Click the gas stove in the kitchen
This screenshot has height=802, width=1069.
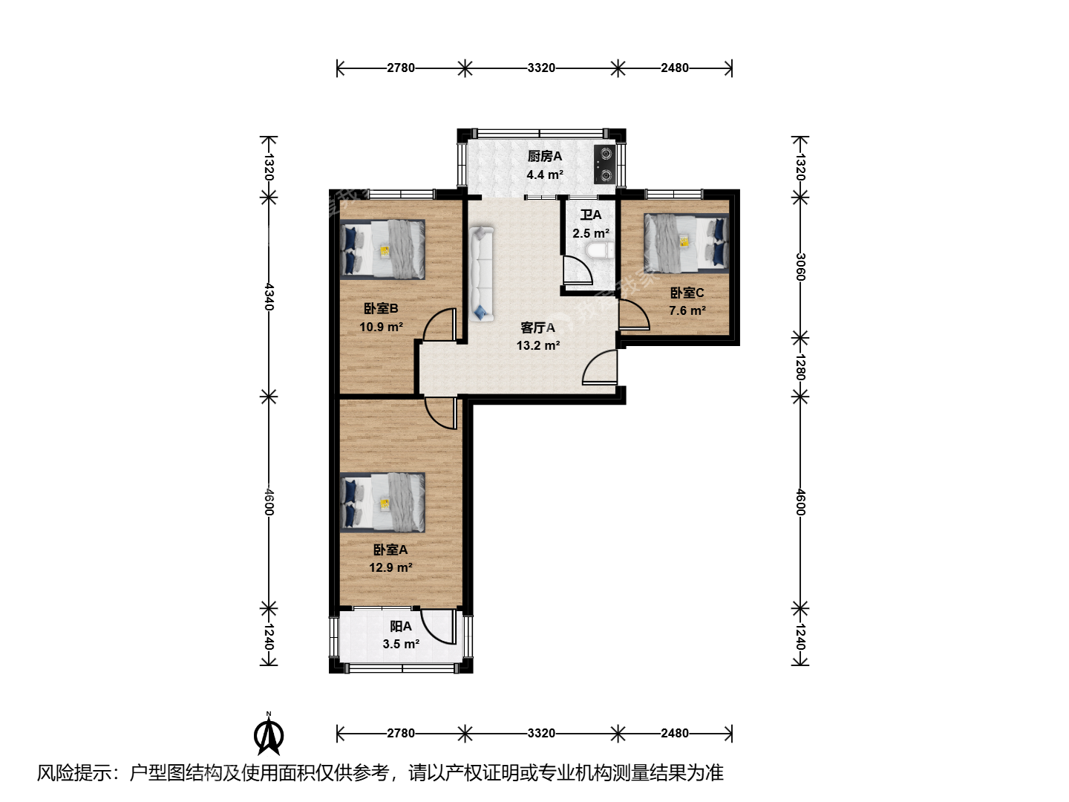605,165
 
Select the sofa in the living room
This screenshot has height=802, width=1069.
481,274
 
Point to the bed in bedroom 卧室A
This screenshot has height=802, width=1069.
382,503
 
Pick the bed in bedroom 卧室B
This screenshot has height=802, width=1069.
382,250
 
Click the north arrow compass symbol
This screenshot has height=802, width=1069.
268,734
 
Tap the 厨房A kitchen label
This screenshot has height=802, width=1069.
544,156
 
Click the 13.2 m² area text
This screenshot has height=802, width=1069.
538,345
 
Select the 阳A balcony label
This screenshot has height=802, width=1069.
401,626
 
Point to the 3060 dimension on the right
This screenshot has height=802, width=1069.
800,267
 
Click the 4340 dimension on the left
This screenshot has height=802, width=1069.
269,296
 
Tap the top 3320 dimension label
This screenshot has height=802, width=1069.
541,68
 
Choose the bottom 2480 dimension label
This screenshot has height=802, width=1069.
675,733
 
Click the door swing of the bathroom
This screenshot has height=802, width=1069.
578,270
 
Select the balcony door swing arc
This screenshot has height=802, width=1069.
438,627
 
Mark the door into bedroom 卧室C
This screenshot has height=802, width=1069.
634,315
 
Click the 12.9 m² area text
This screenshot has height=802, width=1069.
390,567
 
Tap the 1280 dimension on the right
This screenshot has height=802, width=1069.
800,367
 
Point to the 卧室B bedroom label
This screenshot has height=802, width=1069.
381,308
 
